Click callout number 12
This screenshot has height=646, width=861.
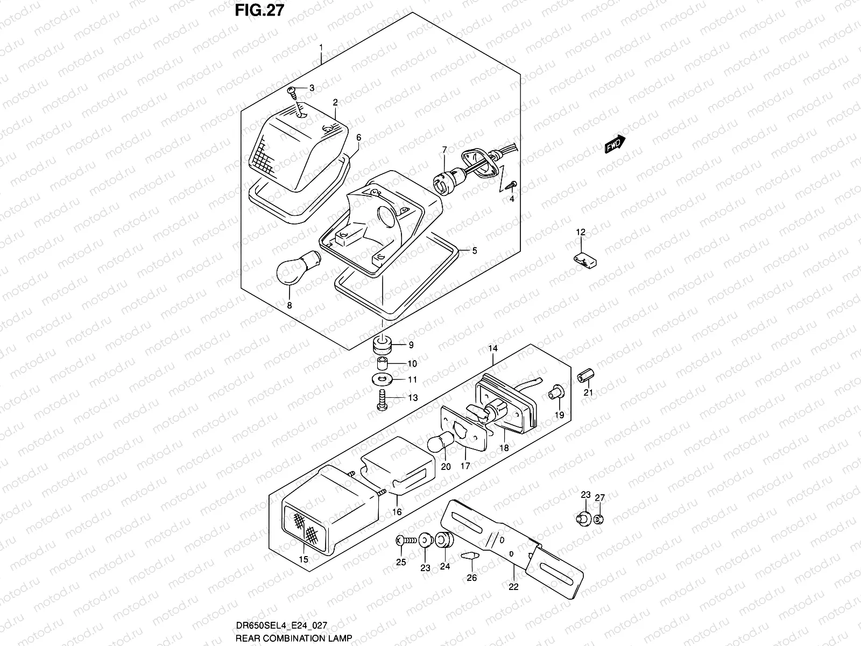[581, 233]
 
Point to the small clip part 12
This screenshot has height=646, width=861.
[585, 260]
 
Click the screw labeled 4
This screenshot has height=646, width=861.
[512, 186]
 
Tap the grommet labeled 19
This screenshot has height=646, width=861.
[555, 394]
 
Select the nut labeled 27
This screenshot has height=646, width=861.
[599, 519]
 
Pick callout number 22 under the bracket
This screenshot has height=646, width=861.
[513, 587]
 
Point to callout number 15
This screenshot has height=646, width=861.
[303, 560]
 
